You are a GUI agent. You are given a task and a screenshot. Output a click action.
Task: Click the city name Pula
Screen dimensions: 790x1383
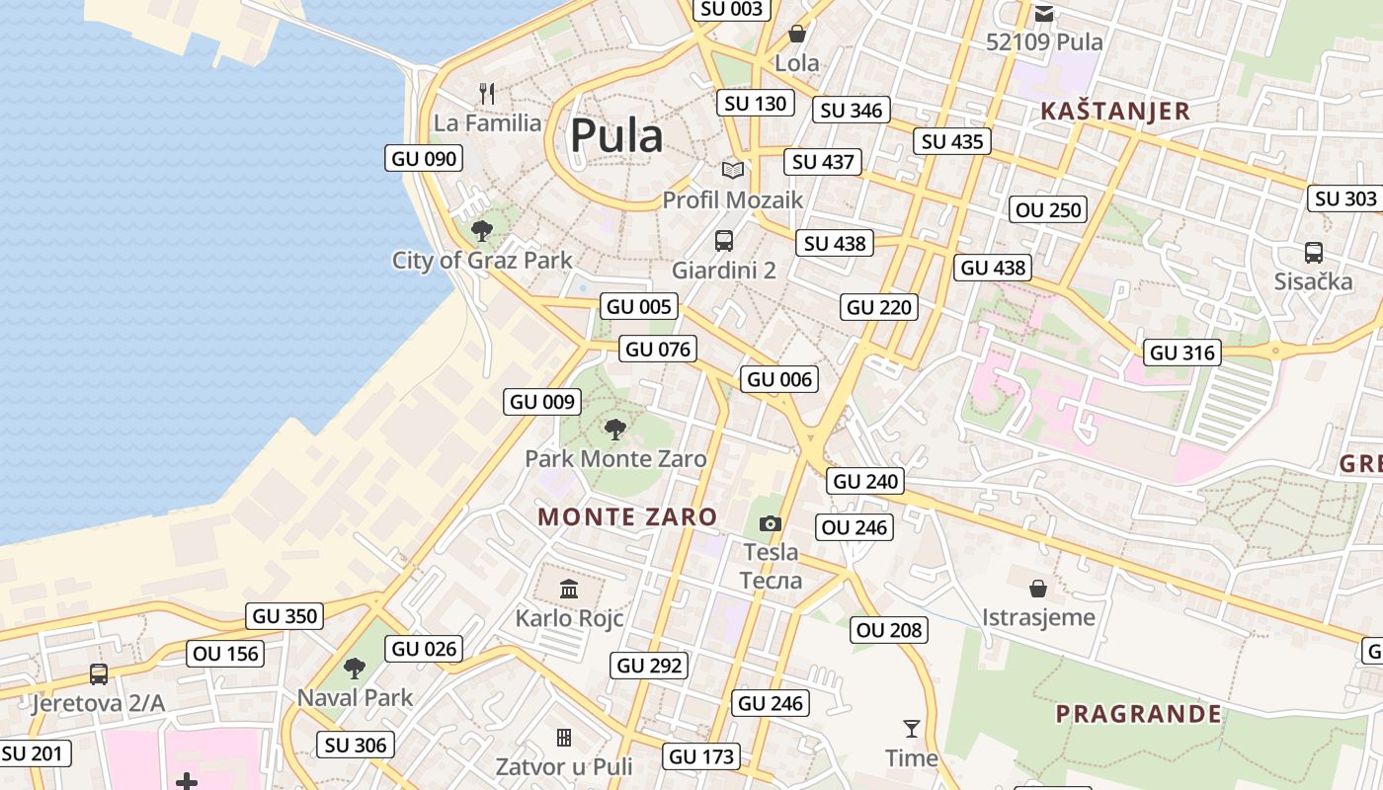coord(615,135)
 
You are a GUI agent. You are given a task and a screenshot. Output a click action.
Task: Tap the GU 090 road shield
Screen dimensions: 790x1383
coord(424,158)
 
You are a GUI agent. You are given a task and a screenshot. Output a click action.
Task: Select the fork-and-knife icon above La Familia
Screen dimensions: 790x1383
coord(486,94)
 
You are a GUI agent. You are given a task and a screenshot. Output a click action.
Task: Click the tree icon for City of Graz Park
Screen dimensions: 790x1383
coord(482,231)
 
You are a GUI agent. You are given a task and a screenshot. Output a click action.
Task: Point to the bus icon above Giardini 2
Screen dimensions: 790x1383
coord(724,240)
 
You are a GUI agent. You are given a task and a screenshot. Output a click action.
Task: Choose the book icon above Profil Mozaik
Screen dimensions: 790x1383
coord(732,170)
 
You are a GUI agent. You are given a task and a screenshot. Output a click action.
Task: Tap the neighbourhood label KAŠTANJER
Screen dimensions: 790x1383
coord(1115,112)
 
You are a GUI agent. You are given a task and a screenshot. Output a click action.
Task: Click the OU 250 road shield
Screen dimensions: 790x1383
coord(1049,209)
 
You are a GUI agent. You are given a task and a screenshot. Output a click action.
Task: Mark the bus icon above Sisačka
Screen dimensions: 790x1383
coord(1313,252)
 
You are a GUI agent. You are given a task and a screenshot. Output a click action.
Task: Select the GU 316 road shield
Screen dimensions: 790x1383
coord(1182,353)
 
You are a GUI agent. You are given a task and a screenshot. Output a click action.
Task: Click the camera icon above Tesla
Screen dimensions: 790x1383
coord(771,523)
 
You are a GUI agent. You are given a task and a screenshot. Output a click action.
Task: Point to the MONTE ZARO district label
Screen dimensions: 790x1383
coord(627,516)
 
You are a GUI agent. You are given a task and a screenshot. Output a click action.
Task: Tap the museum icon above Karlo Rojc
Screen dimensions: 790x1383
coord(569,590)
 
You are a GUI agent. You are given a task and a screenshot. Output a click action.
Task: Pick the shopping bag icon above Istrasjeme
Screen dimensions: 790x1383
coord(1038,589)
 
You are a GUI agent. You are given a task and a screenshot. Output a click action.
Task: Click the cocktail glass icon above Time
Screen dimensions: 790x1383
coord(911,729)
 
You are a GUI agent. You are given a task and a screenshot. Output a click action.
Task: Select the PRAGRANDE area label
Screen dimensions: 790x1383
coord(1138,714)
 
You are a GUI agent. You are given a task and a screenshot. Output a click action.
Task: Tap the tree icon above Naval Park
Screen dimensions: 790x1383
coord(355,669)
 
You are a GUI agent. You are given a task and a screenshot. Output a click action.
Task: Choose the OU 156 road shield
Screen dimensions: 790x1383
coord(225,654)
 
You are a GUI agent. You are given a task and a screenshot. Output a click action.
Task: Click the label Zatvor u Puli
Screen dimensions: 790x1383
coord(563,766)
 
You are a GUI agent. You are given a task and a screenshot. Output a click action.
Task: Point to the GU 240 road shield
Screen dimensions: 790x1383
coord(865,481)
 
